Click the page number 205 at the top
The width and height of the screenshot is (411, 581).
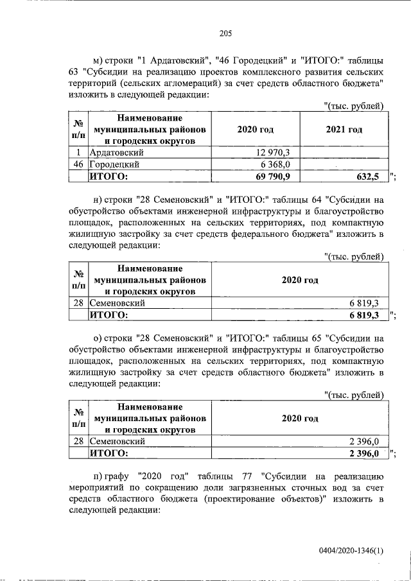click(225, 34)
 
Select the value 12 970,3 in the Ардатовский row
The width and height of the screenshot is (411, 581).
click(274, 152)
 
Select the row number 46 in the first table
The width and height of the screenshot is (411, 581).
click(78, 164)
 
